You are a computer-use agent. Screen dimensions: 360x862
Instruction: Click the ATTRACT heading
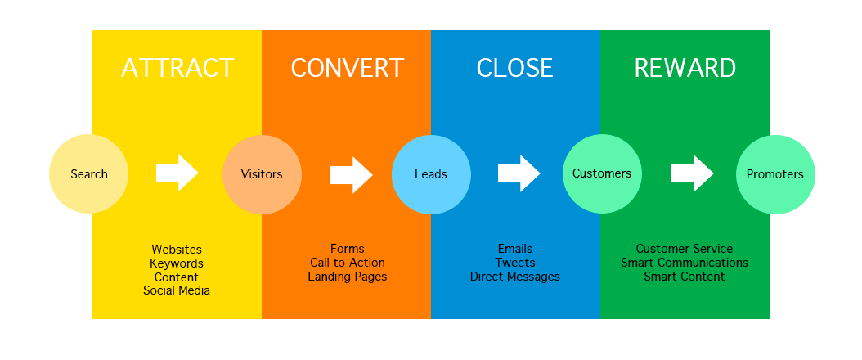(177, 68)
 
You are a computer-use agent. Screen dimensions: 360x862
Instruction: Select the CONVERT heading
(347, 68)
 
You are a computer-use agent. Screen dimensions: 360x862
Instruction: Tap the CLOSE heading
(514, 68)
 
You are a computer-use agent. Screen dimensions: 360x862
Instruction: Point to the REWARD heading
(685, 68)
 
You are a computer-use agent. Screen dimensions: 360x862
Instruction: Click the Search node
(88, 174)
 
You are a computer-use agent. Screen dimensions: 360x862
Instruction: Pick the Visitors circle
(262, 174)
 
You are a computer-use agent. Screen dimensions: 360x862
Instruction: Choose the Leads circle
(431, 174)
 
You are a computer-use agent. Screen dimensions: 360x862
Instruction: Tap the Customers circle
(602, 173)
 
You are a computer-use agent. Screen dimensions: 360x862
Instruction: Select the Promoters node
(774, 174)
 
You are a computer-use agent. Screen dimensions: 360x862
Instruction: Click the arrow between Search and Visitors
(177, 173)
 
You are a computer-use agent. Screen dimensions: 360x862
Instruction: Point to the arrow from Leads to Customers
(519, 173)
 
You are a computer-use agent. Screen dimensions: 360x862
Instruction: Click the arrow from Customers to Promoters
(692, 173)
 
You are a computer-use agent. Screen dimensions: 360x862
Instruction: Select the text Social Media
(177, 290)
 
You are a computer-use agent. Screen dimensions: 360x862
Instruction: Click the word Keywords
(177, 263)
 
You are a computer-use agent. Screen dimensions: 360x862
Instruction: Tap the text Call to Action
(347, 263)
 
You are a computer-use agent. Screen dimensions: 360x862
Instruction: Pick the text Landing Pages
(347, 277)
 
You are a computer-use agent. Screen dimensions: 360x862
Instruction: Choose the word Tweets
(515, 263)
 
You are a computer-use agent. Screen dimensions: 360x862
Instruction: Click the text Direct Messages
(515, 277)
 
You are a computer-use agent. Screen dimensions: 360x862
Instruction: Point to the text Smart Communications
(685, 263)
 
